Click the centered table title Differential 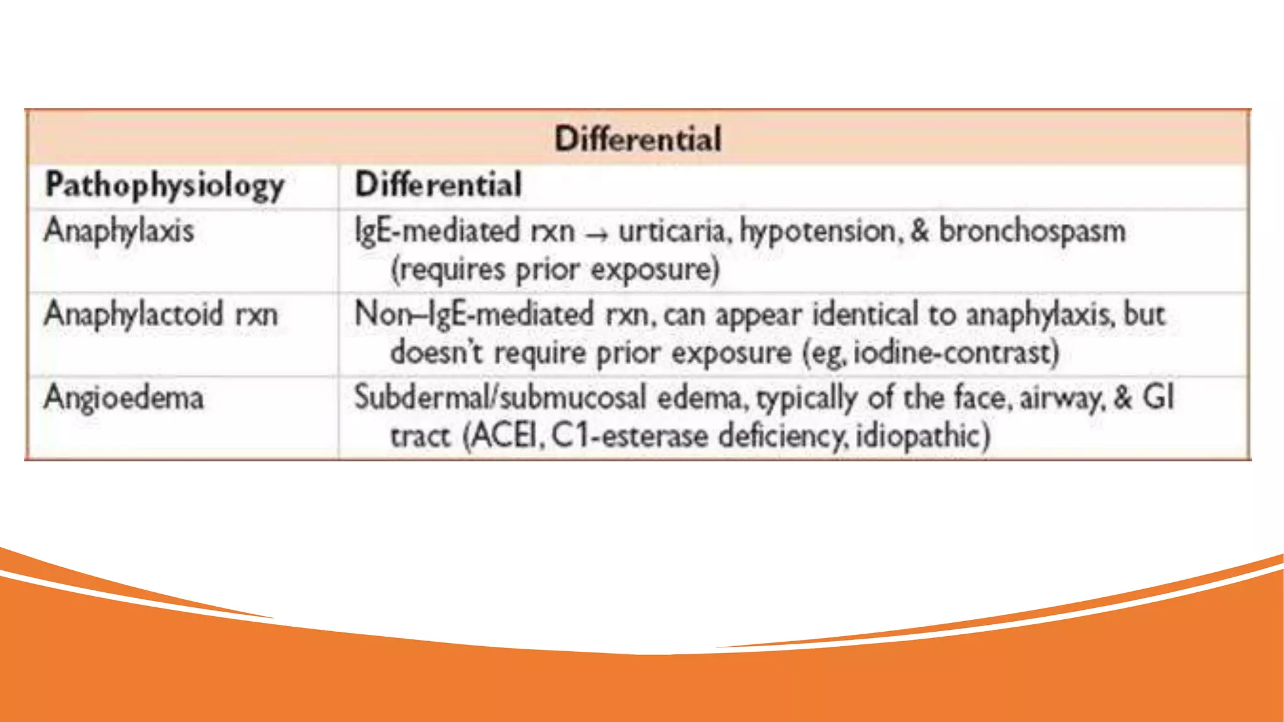[x=638, y=139]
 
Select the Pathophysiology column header [x=164, y=186]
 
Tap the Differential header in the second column [x=438, y=185]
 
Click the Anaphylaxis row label [x=118, y=230]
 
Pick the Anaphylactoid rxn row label [x=160, y=313]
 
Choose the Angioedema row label [x=124, y=397]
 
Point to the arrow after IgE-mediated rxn [x=596, y=234]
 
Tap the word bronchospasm [x=1032, y=231]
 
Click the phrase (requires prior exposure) [x=555, y=269]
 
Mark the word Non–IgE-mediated [x=474, y=313]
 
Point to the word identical [x=865, y=313]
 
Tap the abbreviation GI [x=1157, y=397]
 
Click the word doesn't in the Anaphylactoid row [x=436, y=352]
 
